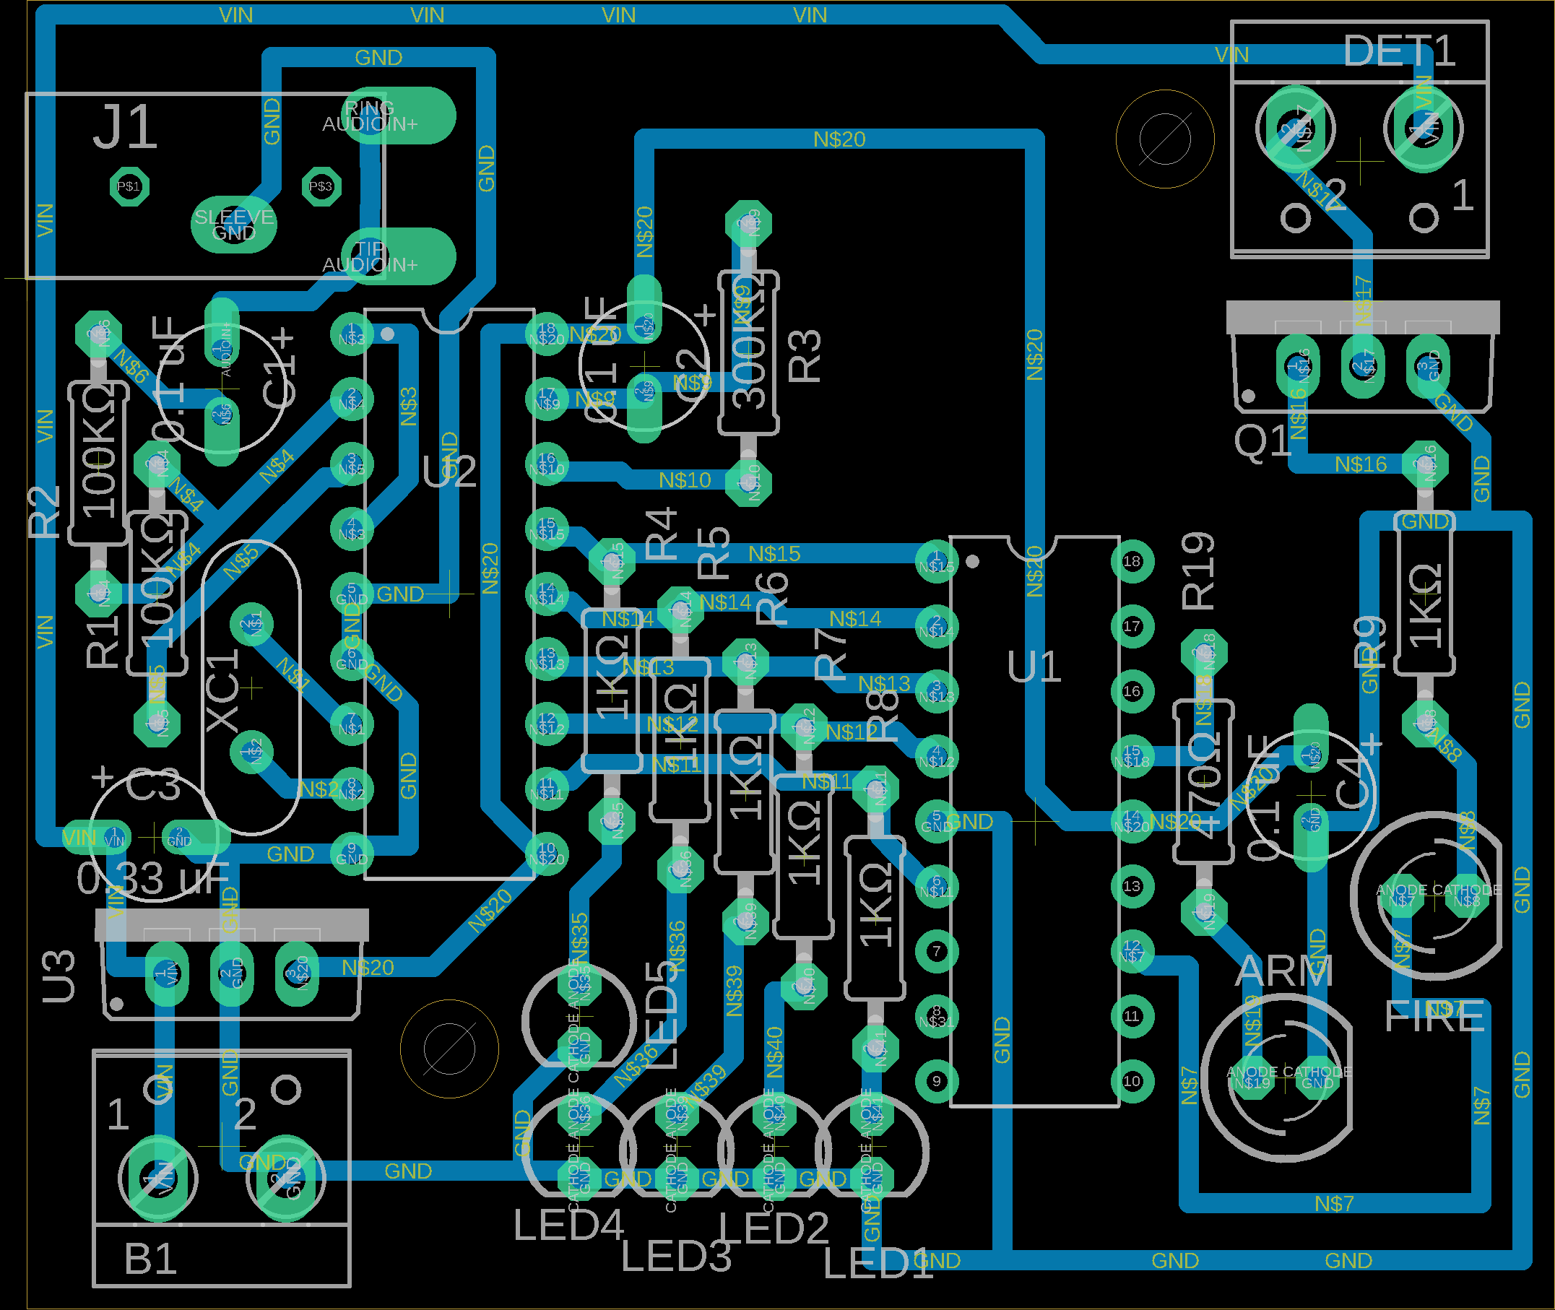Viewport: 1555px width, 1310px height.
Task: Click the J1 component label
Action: (x=125, y=128)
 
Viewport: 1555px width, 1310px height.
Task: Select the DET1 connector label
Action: (x=1399, y=52)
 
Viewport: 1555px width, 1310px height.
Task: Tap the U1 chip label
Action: (x=1034, y=666)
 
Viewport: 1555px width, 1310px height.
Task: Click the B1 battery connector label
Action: (x=151, y=1259)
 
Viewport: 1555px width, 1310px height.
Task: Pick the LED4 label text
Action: (x=568, y=1226)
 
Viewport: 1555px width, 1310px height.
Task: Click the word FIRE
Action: (x=1434, y=1017)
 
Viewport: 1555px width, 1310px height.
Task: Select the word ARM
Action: (x=1285, y=971)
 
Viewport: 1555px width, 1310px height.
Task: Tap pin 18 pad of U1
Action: (x=1132, y=561)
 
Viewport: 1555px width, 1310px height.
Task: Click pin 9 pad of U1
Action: (x=937, y=1081)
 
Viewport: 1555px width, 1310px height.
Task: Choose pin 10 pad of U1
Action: (x=1132, y=1081)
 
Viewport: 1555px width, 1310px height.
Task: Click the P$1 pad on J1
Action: (x=129, y=186)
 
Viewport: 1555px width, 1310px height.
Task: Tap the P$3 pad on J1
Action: (x=321, y=186)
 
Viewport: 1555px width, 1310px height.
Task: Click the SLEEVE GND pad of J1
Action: (x=234, y=225)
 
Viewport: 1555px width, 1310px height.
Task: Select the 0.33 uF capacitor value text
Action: (x=152, y=880)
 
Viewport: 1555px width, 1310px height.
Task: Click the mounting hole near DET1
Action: (x=1164, y=139)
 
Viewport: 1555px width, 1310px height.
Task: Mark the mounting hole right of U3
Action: (x=449, y=1049)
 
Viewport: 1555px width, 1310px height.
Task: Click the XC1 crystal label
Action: (x=222, y=690)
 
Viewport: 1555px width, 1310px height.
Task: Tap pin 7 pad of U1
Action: (x=937, y=951)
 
